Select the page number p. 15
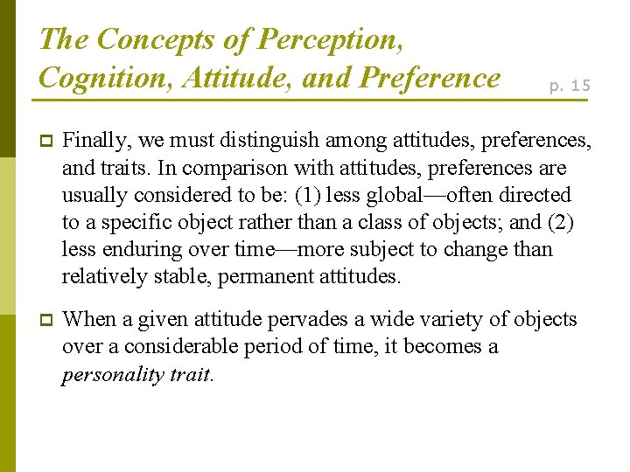point(570,85)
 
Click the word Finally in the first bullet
point(91,139)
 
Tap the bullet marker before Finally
point(46,140)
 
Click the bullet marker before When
point(46,320)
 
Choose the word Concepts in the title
point(155,39)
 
